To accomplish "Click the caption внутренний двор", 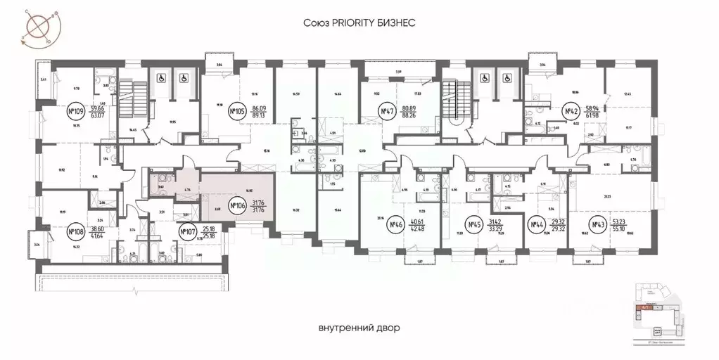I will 358,328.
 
